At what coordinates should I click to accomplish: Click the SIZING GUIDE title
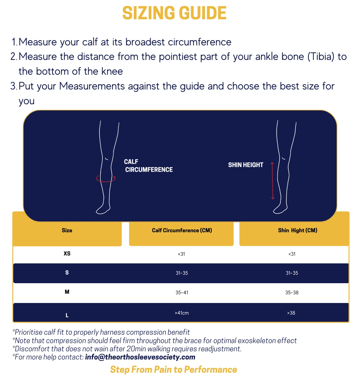pos(174,13)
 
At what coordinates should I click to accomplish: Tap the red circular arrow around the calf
pos(106,179)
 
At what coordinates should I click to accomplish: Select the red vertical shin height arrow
pos(273,181)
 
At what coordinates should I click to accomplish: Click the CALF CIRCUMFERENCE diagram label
pos(148,166)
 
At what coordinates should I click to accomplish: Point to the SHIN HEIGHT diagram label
pos(246,165)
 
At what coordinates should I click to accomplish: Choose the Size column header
pos(67,230)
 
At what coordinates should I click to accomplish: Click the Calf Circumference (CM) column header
pos(182,230)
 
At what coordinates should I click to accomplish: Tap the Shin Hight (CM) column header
pos(297,230)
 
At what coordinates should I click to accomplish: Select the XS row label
pos(67,254)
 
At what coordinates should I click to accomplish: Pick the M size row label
pos(67,292)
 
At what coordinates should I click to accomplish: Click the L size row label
pos(67,315)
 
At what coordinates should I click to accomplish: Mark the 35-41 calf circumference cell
pos(182,292)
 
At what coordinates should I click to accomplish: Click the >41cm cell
pos(182,313)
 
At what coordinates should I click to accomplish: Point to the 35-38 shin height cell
pos(292,292)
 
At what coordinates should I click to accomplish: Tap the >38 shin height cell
pos(291,313)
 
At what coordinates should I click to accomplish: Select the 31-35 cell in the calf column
pos(182,273)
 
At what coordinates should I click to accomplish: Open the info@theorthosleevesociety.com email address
pos(140,357)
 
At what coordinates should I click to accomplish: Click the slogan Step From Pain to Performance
pos(174,369)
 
